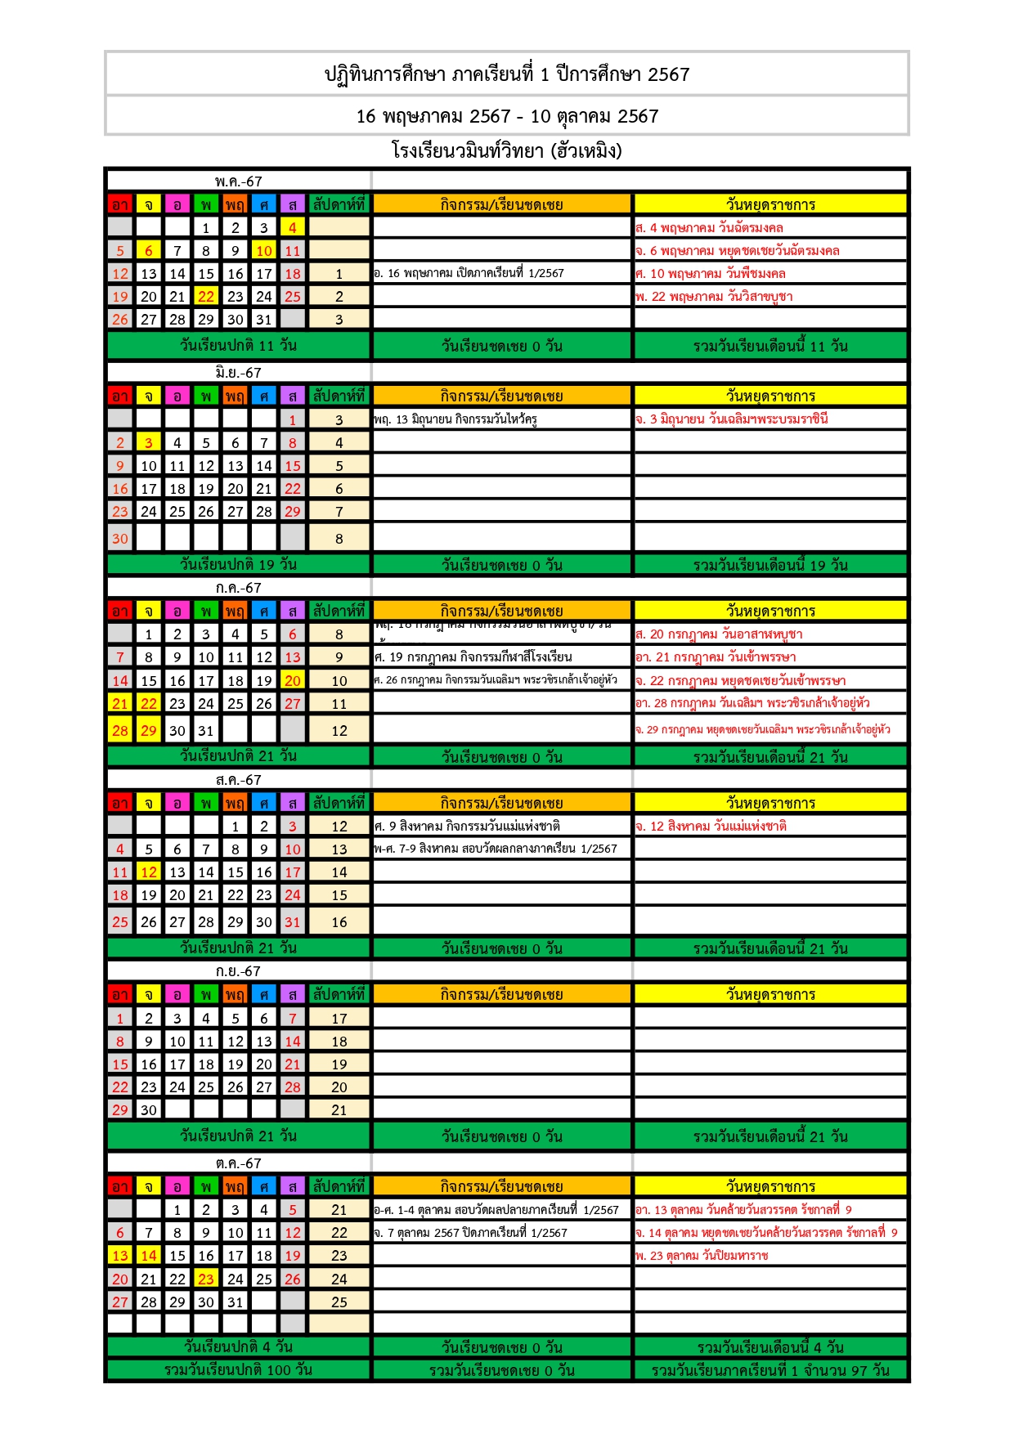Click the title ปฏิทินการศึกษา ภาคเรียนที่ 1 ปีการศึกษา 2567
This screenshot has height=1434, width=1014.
pos(507,74)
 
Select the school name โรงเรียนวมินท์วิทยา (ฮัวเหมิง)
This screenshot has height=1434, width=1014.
pos(507,151)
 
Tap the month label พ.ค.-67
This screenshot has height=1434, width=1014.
pos(239,181)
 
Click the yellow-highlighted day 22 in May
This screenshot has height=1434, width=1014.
pos(206,297)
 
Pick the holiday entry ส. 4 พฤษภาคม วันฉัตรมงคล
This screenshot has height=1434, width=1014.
pos(710,228)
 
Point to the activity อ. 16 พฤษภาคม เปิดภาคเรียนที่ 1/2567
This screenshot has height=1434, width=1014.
pos(469,274)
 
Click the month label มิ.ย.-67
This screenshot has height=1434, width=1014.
pos(239,373)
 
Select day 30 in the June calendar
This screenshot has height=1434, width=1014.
pos(120,539)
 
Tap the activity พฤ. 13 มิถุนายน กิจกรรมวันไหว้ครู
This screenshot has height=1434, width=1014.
pos(455,419)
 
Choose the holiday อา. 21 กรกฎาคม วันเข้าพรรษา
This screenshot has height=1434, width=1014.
pos(716,657)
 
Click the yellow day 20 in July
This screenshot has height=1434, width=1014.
pos(293,681)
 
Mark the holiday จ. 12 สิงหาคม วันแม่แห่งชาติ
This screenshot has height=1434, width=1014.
pos(711,827)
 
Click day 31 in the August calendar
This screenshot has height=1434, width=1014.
pos(293,922)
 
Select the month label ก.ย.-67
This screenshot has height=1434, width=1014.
pos(239,971)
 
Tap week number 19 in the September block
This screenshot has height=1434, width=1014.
pos(339,1064)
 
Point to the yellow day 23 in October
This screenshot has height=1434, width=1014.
pos(206,1279)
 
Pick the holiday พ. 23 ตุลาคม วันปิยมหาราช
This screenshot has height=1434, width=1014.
pos(702,1256)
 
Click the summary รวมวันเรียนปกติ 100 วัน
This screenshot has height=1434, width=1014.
pos(238,1369)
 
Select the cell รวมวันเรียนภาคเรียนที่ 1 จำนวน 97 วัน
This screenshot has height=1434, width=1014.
pos(770,1370)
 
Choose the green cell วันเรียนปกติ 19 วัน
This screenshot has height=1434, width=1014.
pos(238,564)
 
